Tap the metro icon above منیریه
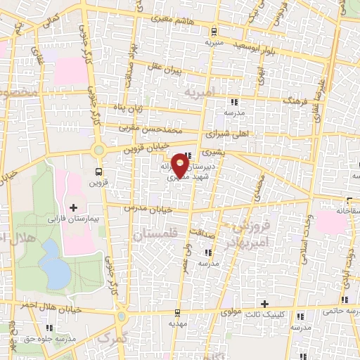[x=213, y=30]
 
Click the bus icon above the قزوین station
[x=98, y=171]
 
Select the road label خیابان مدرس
[x=148, y=209]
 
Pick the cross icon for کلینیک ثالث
[x=264, y=304]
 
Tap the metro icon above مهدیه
[x=179, y=311]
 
